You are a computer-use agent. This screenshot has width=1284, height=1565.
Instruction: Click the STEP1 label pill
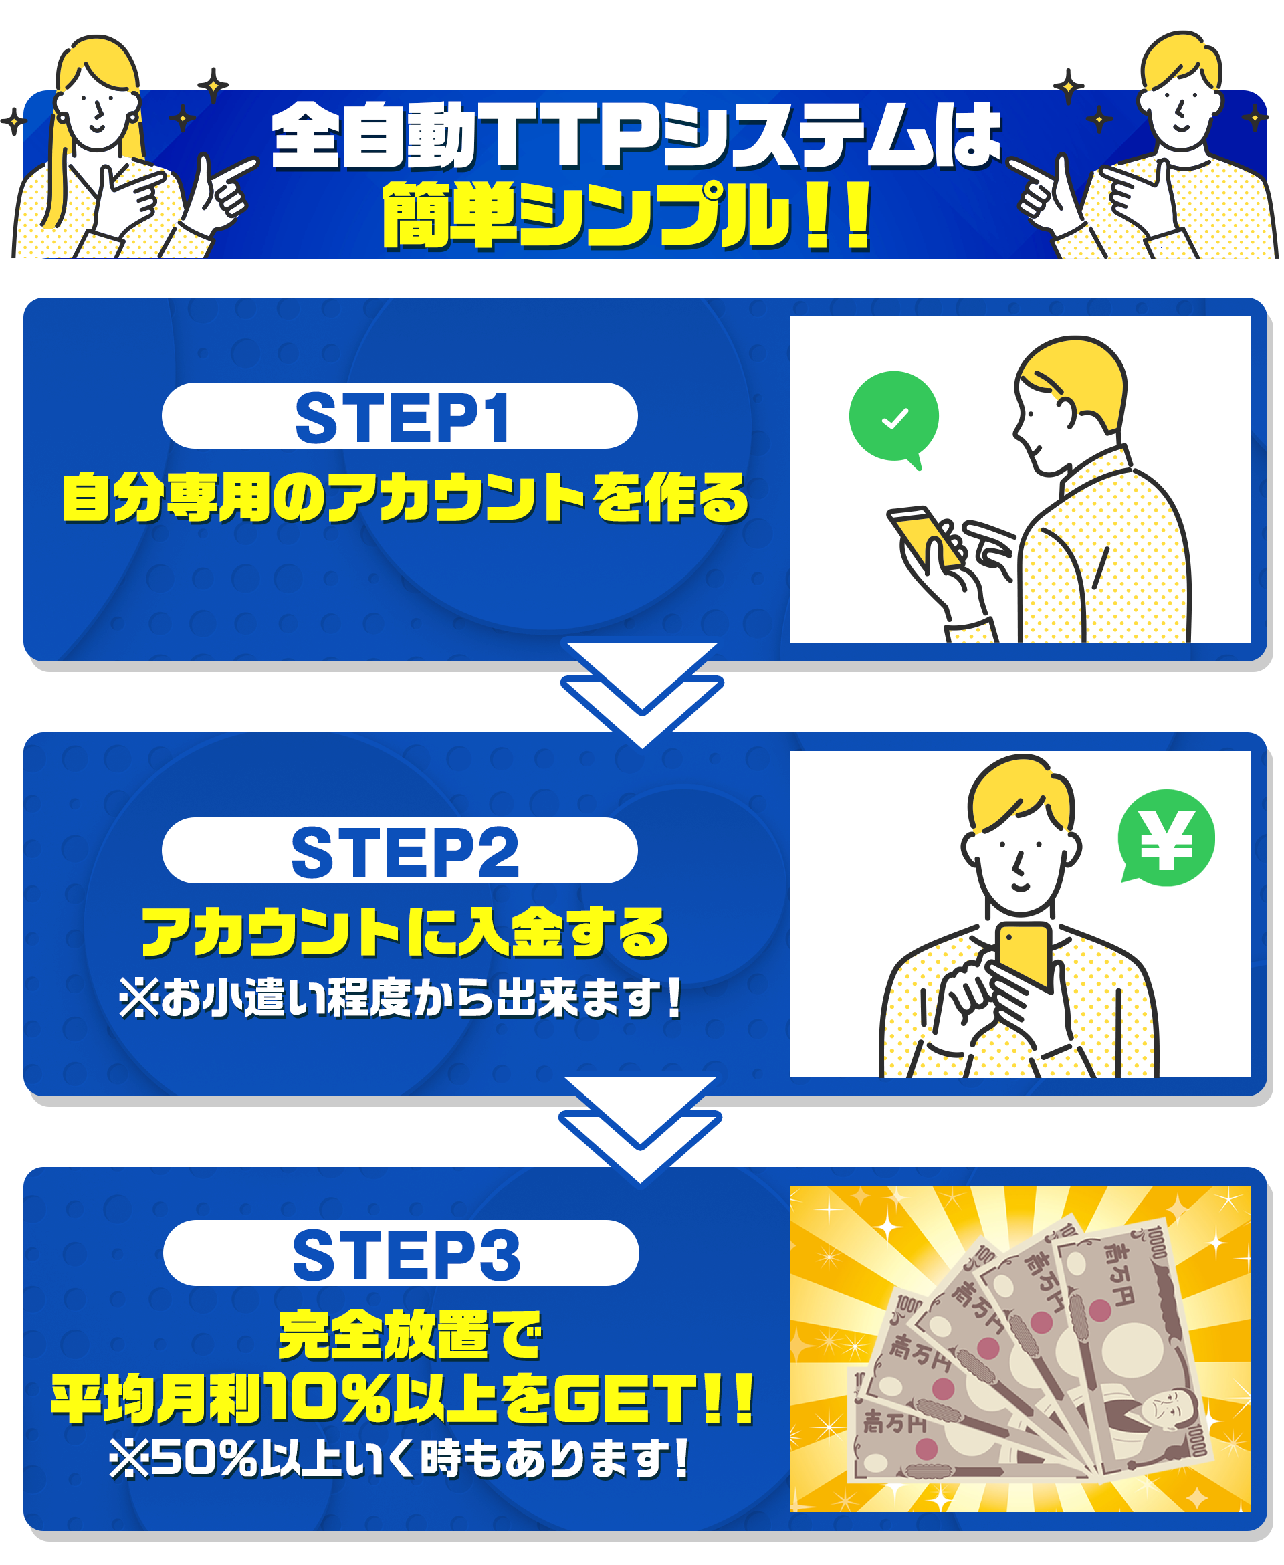point(399,415)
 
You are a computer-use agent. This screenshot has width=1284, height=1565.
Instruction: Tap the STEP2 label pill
point(399,851)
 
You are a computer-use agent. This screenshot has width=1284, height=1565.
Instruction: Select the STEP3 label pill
point(401,1253)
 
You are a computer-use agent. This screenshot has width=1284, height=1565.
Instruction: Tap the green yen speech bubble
point(1166,838)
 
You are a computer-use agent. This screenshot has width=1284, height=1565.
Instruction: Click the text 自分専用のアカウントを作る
point(405,497)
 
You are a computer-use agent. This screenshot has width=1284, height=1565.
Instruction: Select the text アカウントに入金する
point(405,931)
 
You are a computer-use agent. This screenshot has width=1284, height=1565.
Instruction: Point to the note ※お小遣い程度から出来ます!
point(400,998)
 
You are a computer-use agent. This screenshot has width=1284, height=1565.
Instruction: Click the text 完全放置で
point(410,1335)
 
